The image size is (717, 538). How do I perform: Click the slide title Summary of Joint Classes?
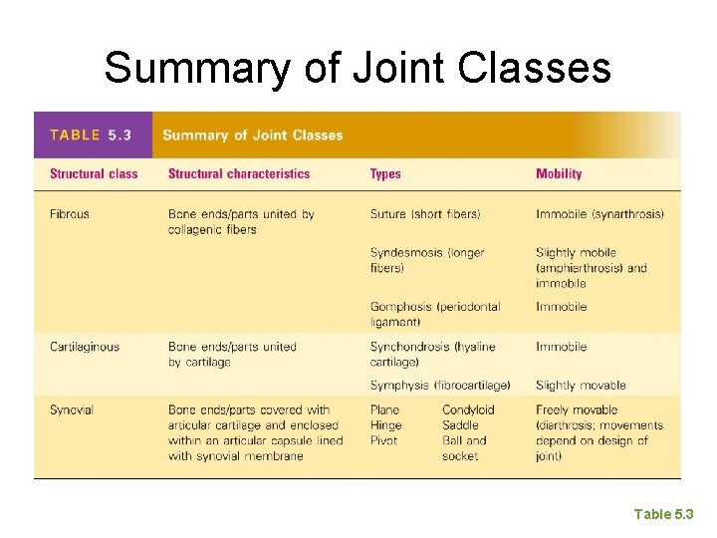[x=358, y=68]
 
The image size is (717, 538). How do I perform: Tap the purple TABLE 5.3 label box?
[x=93, y=135]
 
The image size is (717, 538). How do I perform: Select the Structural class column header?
[x=94, y=174]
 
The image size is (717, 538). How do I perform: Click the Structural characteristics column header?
[x=239, y=174]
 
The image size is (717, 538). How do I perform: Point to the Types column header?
[x=385, y=174]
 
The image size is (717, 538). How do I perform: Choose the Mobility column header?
[x=559, y=174]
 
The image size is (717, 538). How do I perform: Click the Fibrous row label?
[x=70, y=214]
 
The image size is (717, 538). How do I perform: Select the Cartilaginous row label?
[x=85, y=347]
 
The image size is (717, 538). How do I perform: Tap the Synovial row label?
[x=71, y=409]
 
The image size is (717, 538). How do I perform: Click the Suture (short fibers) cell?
[x=425, y=214]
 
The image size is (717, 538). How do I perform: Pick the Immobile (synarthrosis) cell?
[x=599, y=214]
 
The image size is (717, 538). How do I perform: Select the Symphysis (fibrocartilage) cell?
[x=440, y=385]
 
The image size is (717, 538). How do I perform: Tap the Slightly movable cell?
[x=581, y=385]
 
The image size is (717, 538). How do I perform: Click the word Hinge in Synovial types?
[x=385, y=425]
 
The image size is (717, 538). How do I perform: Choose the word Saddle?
[x=460, y=425]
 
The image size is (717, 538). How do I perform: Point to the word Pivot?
[x=383, y=440]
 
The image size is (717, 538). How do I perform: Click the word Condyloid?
[x=468, y=409]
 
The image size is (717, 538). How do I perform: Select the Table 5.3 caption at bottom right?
[x=663, y=514]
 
